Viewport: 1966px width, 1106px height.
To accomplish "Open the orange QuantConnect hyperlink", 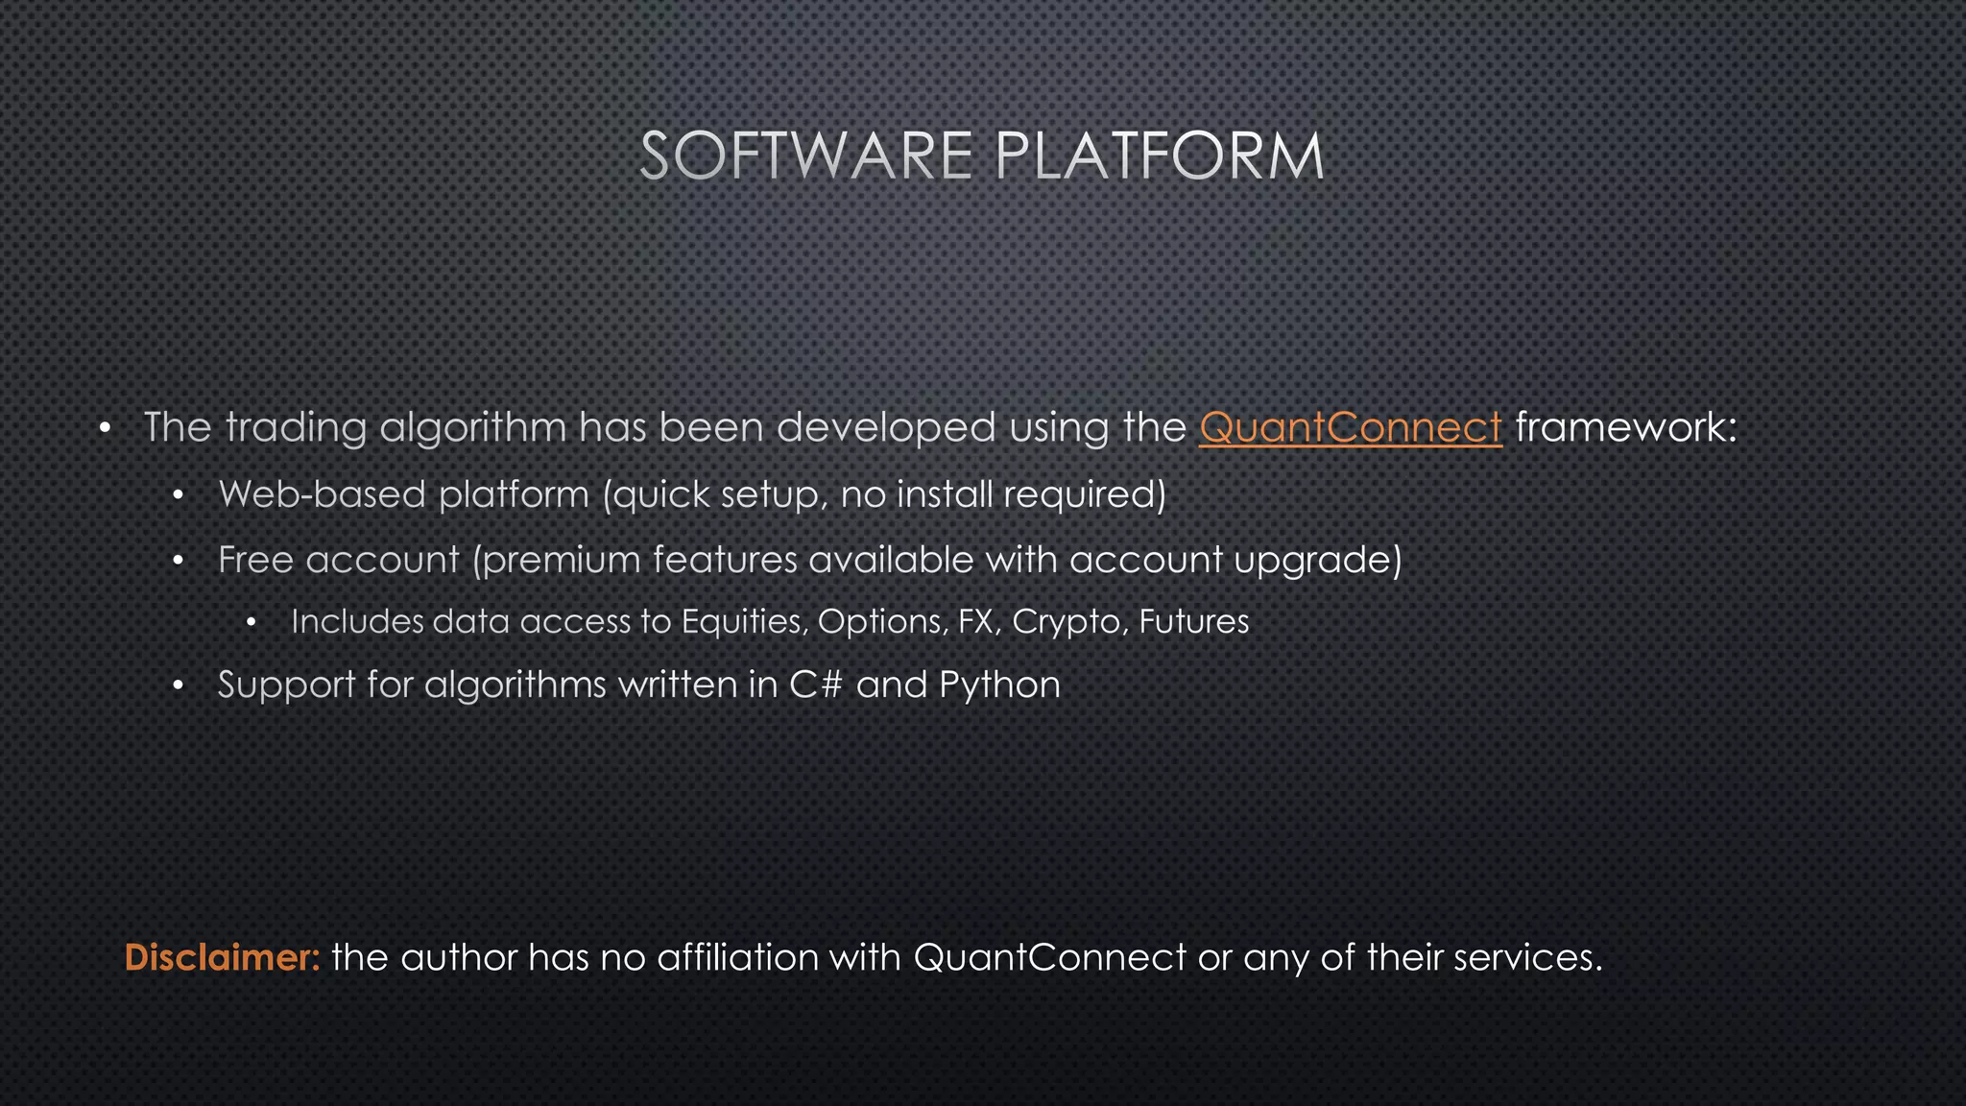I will [1350, 427].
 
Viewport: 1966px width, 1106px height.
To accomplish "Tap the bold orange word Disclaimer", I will [222, 957].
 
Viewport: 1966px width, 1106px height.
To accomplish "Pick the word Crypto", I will [1066, 622].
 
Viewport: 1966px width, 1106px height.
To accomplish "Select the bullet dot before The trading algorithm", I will [106, 427].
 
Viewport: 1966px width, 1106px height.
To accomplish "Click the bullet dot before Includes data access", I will [251, 623].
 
